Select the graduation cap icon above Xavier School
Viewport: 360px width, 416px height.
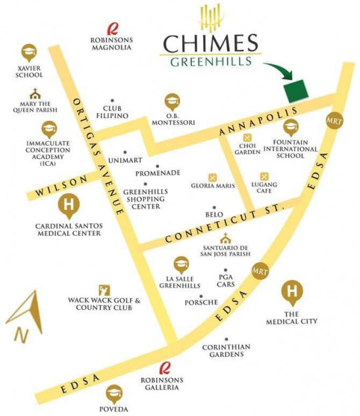click(x=28, y=51)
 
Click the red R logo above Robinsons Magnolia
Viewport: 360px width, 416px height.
click(x=112, y=28)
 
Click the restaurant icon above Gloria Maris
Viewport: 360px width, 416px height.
click(x=212, y=177)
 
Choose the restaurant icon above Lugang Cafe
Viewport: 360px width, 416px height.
click(x=264, y=176)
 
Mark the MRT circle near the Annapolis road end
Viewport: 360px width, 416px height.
click(x=334, y=121)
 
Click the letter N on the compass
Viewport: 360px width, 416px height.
click(x=22, y=334)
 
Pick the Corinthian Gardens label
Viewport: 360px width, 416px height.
click(x=223, y=350)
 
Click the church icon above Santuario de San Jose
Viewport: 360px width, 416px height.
click(x=225, y=238)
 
